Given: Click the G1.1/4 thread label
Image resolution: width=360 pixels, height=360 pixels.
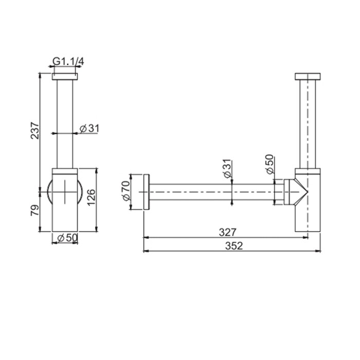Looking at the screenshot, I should click(x=68, y=62).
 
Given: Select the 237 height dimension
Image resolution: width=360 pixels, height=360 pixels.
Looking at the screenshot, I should click(x=34, y=131).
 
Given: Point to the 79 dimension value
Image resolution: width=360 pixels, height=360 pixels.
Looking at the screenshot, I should click(x=34, y=210).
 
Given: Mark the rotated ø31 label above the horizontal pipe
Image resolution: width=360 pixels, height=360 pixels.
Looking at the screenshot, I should click(x=227, y=169).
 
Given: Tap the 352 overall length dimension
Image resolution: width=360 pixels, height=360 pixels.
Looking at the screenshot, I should click(x=233, y=246).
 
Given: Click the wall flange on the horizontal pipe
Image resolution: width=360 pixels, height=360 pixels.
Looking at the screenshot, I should click(x=147, y=192).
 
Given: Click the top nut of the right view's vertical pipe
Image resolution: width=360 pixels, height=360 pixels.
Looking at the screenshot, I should click(x=308, y=78).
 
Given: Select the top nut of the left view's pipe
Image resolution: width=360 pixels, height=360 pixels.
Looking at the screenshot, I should click(x=65, y=77).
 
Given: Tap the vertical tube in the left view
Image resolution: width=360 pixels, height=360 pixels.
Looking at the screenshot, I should click(x=65, y=123).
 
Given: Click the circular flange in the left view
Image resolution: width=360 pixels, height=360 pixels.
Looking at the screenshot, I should click(x=50, y=191).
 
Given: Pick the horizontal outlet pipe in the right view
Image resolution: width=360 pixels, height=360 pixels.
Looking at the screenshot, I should click(x=211, y=192).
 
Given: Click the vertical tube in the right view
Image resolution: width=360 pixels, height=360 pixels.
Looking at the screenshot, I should click(x=308, y=123).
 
